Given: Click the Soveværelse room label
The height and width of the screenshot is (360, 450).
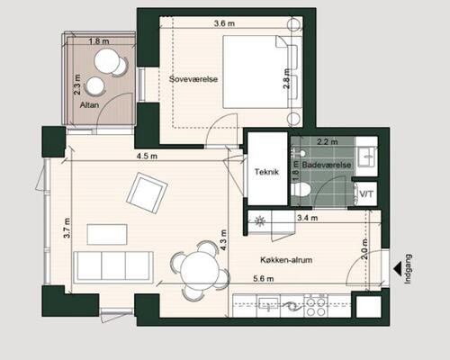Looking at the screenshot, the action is point(193,79).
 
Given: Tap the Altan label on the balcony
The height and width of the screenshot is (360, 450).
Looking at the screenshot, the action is point(89,105).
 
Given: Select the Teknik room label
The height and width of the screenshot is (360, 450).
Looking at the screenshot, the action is point(266,172).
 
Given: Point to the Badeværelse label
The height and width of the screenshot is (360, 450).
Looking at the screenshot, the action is point(327,165).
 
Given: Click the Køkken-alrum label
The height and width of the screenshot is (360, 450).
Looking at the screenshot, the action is point(286,260).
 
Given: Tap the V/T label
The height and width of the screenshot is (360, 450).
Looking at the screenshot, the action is point(366,194).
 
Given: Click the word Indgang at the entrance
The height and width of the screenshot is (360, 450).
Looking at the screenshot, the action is point(408,269).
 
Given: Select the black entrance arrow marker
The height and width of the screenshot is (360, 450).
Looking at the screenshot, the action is point(398,268).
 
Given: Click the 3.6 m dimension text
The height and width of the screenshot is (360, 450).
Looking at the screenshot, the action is point(224,23).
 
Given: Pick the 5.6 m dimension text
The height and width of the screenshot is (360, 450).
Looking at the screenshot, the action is point(264,279).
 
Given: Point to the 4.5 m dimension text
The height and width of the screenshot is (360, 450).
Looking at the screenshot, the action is point(147,156).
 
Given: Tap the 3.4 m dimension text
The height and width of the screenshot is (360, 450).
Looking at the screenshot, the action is point(307,218).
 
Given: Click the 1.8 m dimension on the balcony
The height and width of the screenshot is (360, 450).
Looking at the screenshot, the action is point(99,41).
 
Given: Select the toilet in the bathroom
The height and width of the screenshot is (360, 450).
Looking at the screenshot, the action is point(301,190).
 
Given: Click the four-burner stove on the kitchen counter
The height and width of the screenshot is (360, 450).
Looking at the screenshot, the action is point(316,305).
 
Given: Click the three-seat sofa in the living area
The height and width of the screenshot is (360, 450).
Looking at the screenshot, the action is point(113,267).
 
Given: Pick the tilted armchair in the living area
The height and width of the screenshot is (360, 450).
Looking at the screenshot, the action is point(147,193).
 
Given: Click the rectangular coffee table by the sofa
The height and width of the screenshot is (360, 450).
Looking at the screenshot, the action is point(107,235).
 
